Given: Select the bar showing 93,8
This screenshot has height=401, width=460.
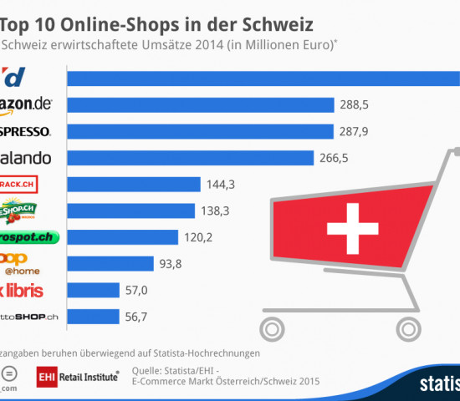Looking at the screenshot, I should click(x=109, y=264).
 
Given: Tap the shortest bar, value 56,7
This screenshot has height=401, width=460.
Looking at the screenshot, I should click(x=93, y=317).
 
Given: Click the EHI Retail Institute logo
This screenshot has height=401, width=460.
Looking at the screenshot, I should click(x=77, y=377).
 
